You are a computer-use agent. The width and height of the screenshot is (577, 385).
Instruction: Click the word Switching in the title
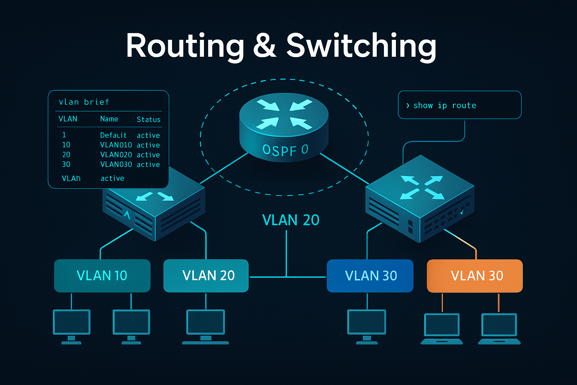[x=361, y=46]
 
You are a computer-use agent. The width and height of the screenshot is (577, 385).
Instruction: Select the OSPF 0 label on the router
[x=285, y=150]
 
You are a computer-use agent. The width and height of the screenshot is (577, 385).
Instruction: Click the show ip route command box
[x=459, y=105]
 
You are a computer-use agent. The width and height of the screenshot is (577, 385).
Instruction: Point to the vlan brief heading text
[x=84, y=102]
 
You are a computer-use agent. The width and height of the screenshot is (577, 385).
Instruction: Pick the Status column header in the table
[x=148, y=120]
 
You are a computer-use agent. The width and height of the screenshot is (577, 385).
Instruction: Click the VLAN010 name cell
[x=116, y=145]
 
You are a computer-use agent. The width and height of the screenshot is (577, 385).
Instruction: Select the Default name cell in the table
[x=113, y=135]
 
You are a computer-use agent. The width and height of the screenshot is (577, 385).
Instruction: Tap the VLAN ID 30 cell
[x=66, y=165]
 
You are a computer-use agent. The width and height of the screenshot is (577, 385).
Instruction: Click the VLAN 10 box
[x=102, y=276]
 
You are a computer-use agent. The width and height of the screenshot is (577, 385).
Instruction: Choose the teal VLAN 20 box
[x=206, y=276]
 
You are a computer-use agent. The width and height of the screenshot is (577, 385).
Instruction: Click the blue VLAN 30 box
[x=370, y=276]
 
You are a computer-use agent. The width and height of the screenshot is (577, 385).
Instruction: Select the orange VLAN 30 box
[x=475, y=276]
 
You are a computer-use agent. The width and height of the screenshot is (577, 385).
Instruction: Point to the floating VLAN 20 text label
[x=290, y=220]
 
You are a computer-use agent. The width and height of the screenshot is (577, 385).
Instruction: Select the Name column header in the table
[x=109, y=119]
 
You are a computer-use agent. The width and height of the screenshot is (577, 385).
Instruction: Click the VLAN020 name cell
[x=116, y=155]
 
